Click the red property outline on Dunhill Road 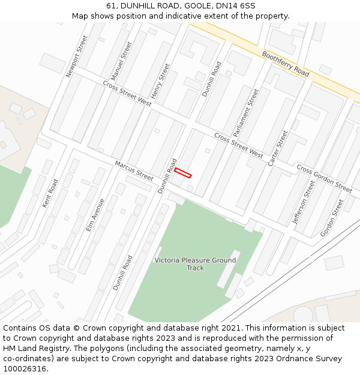[183, 173]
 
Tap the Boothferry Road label [286, 63]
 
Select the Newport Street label [77, 56]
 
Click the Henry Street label [160, 81]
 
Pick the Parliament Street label [246, 113]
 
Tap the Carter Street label [278, 148]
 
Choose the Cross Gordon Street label [324, 178]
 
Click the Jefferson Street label [304, 202]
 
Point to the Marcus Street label [134, 170]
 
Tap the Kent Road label [50, 193]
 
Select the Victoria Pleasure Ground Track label [195, 264]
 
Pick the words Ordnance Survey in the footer [313, 359]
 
